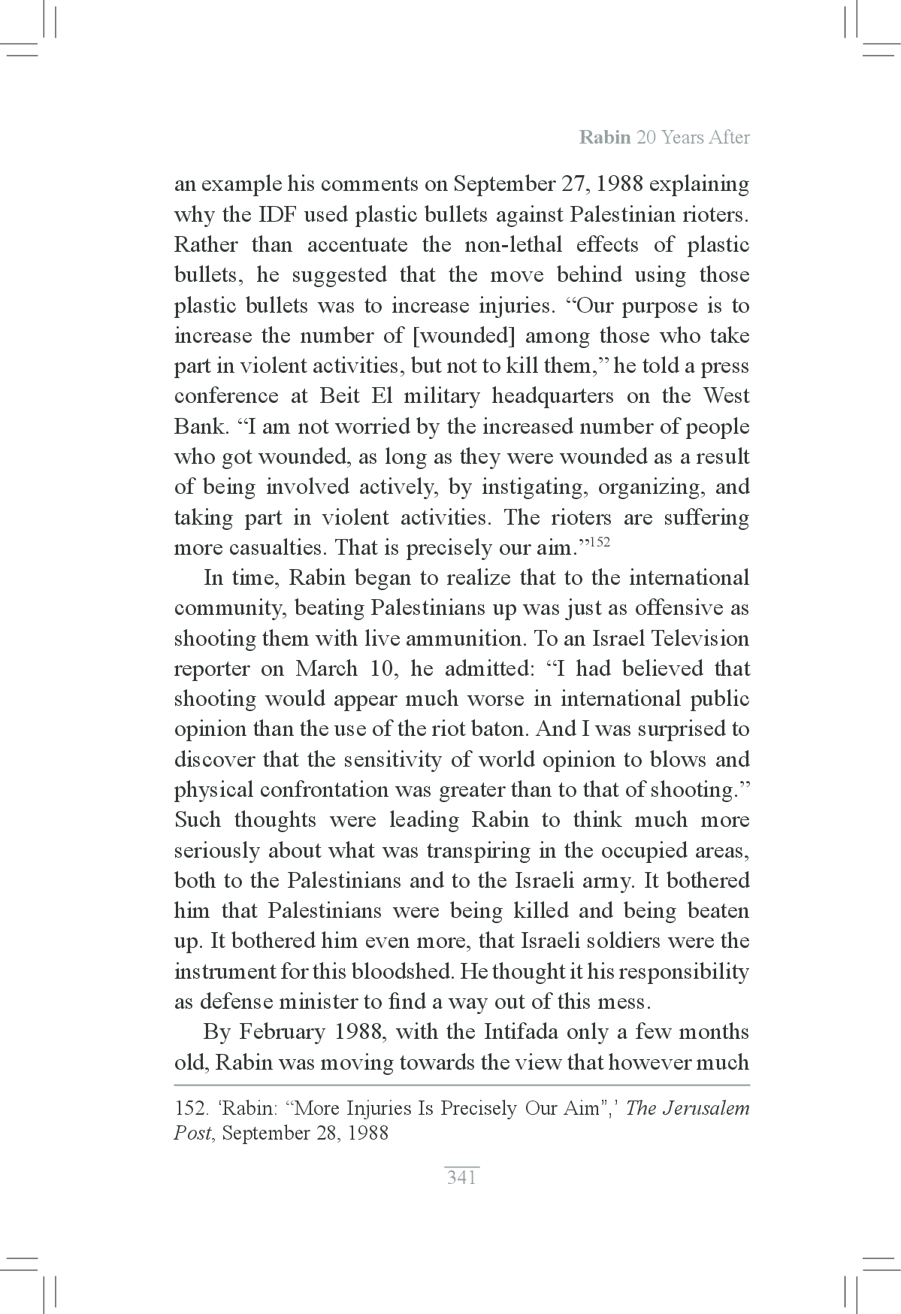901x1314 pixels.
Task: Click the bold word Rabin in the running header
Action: [605, 138]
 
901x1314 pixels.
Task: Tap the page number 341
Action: [461, 1178]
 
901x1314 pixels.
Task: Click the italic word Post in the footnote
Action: [192, 1133]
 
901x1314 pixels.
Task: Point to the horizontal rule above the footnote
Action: [461, 1085]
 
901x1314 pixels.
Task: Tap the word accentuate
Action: [357, 245]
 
